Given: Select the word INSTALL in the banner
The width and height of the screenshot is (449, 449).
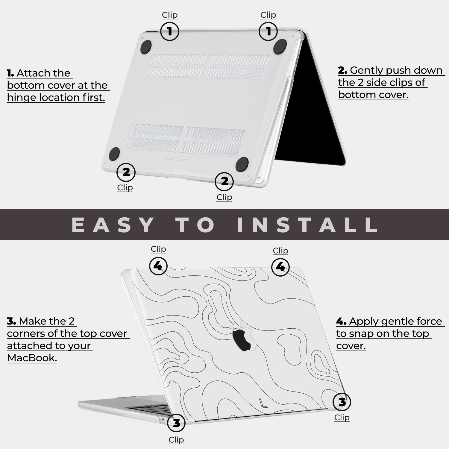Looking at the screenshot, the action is (307, 225).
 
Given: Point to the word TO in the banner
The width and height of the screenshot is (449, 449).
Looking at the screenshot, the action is (195, 225).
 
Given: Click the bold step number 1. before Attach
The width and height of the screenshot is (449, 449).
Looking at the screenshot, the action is (10, 73).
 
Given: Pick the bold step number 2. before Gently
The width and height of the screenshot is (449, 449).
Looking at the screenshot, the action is (342, 70).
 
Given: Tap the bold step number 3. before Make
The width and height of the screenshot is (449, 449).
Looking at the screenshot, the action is (11, 321).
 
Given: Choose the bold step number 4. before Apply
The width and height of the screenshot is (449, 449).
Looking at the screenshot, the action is (341, 321).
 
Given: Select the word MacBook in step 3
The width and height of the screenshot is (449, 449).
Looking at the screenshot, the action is (32, 358).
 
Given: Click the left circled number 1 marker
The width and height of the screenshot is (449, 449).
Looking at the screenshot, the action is (170, 31).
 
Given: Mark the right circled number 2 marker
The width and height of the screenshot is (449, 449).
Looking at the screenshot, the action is (224, 181).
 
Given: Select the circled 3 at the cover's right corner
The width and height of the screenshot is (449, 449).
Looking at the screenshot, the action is (342, 402).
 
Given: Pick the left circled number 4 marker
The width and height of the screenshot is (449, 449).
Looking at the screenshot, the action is (158, 266).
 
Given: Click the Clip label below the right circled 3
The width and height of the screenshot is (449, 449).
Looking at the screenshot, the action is (342, 418).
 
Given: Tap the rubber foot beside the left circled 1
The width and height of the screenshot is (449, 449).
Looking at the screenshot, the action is (146, 47).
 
